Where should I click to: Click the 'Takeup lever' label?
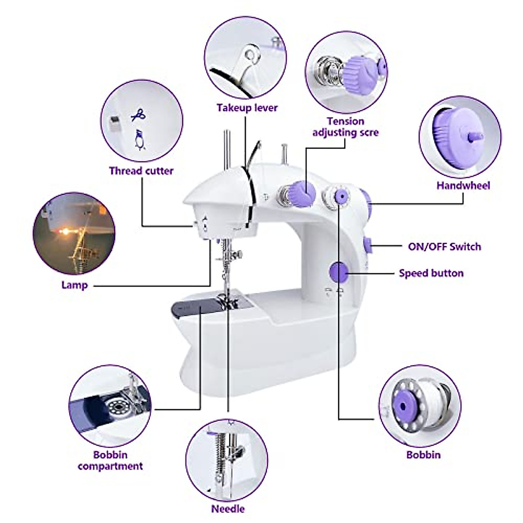[x=247, y=108]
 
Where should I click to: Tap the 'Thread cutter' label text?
[x=141, y=170]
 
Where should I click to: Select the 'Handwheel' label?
[x=463, y=185]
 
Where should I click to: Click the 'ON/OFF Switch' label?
[x=444, y=246]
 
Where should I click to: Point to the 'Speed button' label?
[x=431, y=273]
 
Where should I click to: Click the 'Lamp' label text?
[x=75, y=285]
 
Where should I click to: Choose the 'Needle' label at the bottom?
[x=228, y=509]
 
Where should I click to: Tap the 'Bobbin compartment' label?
[x=110, y=460]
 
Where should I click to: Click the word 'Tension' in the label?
[x=345, y=121]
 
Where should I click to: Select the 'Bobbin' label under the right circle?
[x=423, y=455]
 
